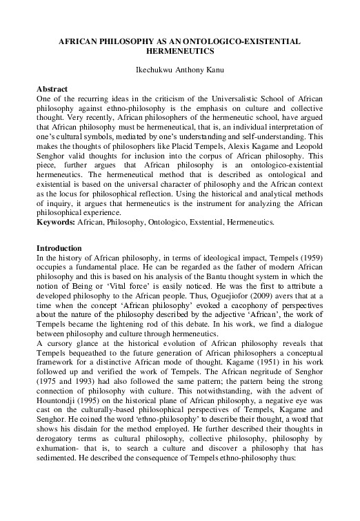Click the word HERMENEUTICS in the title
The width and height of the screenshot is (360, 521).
(x=179, y=51)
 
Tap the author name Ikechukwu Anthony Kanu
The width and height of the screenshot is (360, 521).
(x=179, y=70)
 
